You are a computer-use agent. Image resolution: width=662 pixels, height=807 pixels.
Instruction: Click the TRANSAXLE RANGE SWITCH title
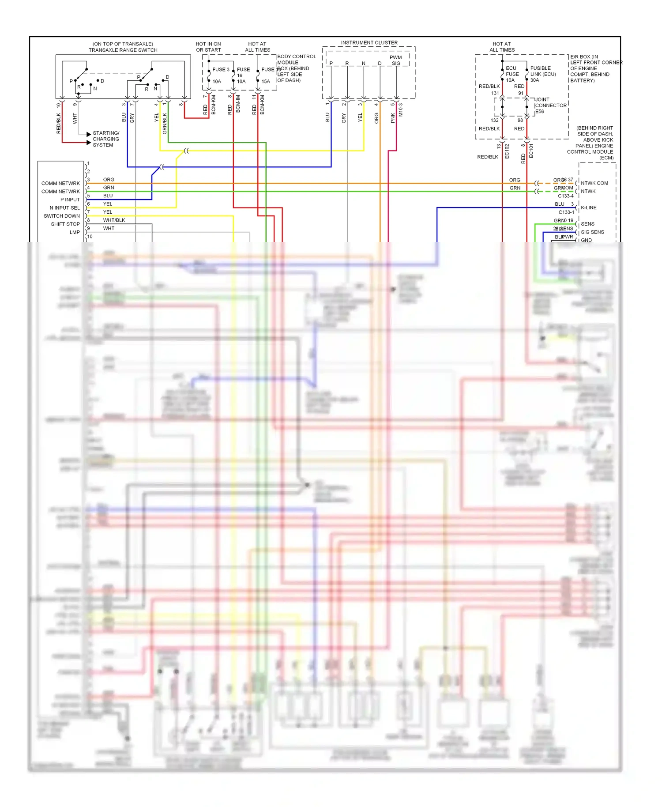[x=123, y=50]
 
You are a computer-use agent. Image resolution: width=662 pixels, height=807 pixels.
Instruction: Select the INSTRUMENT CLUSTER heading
[x=369, y=42]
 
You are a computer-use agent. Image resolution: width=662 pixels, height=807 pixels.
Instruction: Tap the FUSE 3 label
[x=221, y=69]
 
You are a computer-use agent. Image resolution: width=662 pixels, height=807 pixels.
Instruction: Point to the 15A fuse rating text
[x=265, y=81]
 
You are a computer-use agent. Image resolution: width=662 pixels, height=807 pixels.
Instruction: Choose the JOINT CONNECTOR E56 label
[x=550, y=105]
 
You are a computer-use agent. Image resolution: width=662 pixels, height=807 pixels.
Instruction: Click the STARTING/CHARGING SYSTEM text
[x=105, y=139]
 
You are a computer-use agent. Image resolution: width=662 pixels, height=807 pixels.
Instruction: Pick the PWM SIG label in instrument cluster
[x=396, y=60]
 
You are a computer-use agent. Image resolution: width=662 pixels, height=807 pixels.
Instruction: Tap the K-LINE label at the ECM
[x=588, y=207]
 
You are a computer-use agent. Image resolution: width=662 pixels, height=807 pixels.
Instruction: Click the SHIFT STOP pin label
[x=65, y=224]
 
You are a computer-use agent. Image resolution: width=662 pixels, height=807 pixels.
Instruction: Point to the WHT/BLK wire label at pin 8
[x=114, y=220]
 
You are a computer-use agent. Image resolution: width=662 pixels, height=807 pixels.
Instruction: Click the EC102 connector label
[x=507, y=151]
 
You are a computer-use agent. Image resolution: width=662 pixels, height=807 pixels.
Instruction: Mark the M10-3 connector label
[x=400, y=110]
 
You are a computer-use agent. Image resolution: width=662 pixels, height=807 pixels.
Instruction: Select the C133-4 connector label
[x=565, y=196]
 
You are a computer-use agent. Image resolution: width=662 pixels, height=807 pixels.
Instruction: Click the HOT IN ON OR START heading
[x=208, y=47]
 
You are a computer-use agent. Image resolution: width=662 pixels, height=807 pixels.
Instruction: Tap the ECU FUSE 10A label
[x=512, y=74]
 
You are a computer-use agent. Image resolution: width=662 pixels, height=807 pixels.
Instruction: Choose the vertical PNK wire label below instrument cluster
[x=392, y=118]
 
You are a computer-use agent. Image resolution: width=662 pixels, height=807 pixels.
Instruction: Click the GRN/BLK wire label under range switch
[x=165, y=123]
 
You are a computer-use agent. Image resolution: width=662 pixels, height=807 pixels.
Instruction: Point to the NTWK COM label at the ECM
[x=594, y=183]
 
